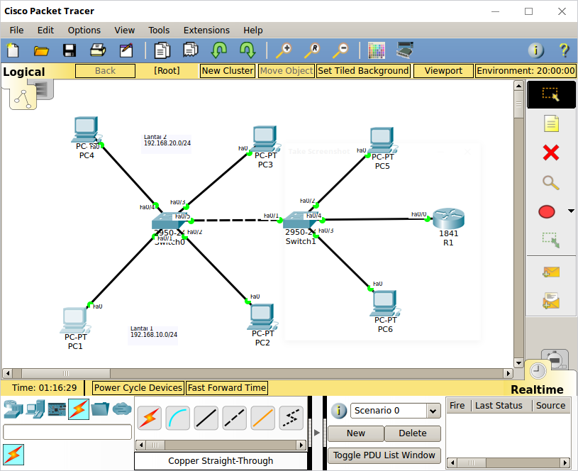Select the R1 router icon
[x=448, y=218]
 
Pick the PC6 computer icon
[x=384, y=303]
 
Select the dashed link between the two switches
[x=234, y=220]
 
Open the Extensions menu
[x=206, y=31]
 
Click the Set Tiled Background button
[x=364, y=71]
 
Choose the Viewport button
[x=443, y=71]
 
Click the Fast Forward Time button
[x=227, y=388]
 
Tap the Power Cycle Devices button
[x=138, y=388]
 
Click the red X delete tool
[x=551, y=153]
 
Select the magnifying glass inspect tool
[x=551, y=182]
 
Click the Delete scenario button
[x=413, y=433]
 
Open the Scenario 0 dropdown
[x=433, y=411]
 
